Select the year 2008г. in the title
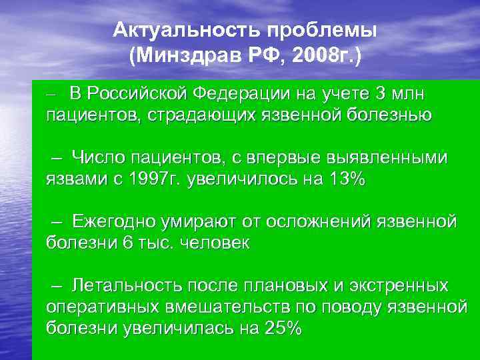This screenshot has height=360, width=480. (332, 55)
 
